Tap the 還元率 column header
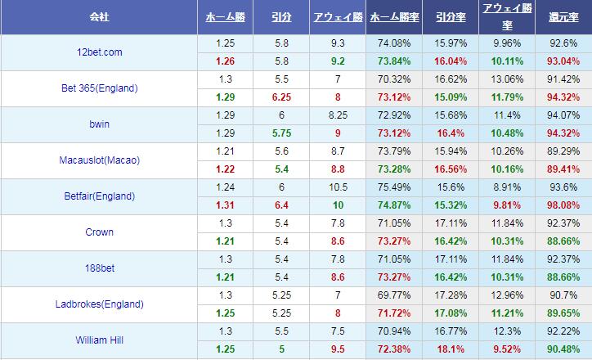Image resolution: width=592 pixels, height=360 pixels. pyautogui.click(x=564, y=16)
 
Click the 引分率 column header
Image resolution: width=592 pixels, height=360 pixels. pyautogui.click(x=448, y=16)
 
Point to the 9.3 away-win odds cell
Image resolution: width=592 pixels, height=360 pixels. pyautogui.click(x=337, y=43)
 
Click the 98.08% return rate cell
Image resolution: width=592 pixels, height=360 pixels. pyautogui.click(x=564, y=205)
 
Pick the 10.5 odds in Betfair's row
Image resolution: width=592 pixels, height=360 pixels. pyautogui.click(x=337, y=187)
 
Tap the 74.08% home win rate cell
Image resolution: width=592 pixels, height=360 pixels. pyautogui.click(x=392, y=43)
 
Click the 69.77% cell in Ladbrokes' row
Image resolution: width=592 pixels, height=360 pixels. pyautogui.click(x=392, y=295)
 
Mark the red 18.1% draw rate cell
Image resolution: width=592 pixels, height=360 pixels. pyautogui.click(x=448, y=349)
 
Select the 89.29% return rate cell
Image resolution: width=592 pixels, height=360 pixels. pyautogui.click(x=564, y=151)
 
